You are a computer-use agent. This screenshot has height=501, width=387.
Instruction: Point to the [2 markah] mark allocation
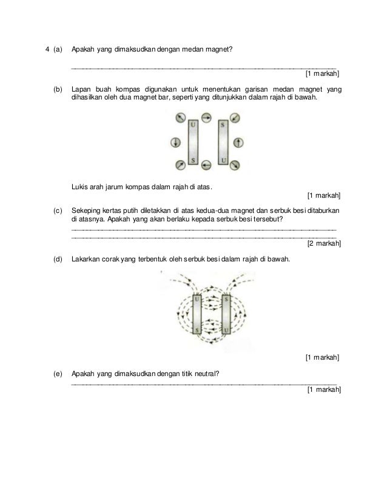coord(324,243)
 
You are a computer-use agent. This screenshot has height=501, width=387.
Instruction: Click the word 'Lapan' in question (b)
coord(81,89)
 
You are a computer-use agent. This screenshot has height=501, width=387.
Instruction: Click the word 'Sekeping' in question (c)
coord(86,210)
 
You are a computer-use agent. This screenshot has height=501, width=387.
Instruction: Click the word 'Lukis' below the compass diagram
coord(79,186)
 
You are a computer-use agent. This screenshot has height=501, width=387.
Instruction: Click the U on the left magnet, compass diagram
coord(193,125)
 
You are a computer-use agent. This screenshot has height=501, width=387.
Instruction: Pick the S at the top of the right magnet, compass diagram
coord(223,125)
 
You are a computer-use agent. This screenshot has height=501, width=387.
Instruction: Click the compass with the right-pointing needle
coord(207,118)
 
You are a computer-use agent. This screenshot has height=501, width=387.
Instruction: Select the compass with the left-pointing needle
coord(207,164)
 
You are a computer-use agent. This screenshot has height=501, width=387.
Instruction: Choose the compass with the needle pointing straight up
coord(238,143)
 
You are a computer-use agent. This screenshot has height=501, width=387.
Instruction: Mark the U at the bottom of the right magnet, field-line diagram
coord(226,331)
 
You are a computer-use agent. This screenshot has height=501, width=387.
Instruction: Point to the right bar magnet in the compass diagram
coord(223,143)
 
